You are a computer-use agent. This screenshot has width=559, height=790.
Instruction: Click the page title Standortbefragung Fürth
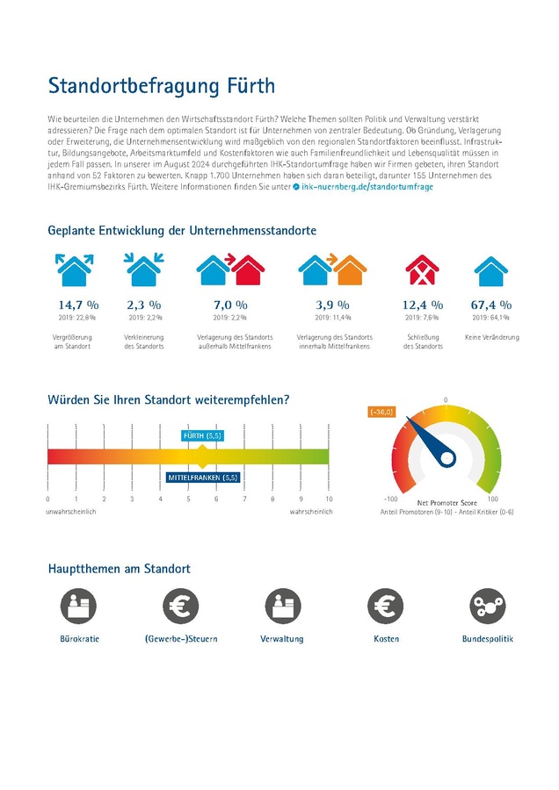coord(162,86)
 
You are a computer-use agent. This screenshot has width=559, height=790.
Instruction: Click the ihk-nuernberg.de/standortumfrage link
coord(367,187)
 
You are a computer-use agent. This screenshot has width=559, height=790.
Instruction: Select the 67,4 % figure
coord(491,305)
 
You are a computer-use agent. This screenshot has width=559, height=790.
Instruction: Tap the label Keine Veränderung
coord(491,338)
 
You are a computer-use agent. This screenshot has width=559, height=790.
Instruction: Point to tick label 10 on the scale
coord(329,499)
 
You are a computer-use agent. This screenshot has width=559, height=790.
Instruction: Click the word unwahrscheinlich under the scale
coord(72,511)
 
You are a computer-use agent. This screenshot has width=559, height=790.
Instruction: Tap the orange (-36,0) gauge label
coord(381,411)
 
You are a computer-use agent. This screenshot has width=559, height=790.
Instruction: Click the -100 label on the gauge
coord(392,498)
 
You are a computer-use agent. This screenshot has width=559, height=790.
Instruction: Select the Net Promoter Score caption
coord(446,504)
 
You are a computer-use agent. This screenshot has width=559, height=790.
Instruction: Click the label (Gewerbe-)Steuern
coord(181,639)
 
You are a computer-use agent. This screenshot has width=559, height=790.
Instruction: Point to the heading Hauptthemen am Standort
coord(119,569)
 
